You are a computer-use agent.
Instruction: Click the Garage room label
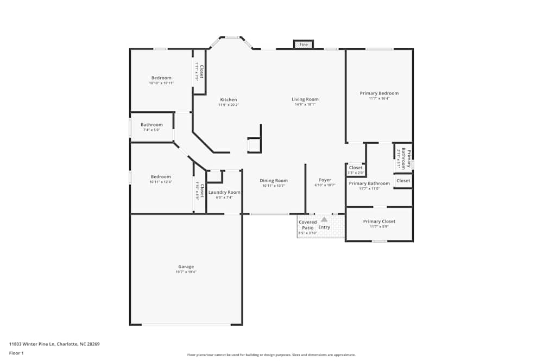tap(186, 266)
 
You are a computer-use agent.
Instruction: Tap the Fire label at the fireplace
tap(304, 45)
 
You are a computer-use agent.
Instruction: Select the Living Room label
tap(305, 99)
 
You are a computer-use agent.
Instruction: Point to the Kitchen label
tap(228, 100)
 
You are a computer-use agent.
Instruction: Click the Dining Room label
tap(274, 181)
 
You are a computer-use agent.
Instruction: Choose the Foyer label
tap(325, 180)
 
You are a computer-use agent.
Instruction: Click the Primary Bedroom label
tap(379, 93)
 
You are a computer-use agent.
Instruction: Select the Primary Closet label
tap(379, 221)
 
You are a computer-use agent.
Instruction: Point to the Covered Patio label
tap(307, 225)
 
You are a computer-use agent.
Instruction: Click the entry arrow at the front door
tap(324, 219)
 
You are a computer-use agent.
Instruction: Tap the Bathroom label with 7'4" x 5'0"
tap(151, 125)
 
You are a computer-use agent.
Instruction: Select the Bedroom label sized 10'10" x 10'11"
tap(161, 78)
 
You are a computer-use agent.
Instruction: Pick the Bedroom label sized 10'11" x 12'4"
tap(161, 177)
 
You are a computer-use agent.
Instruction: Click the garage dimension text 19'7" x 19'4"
tap(186, 272)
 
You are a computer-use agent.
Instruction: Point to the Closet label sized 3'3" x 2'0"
tap(356, 168)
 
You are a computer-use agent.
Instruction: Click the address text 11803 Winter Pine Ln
tap(54, 344)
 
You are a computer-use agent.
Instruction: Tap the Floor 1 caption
tap(16, 353)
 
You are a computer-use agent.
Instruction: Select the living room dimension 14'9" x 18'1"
tap(305, 105)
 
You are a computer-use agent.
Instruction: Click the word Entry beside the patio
tap(324, 227)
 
